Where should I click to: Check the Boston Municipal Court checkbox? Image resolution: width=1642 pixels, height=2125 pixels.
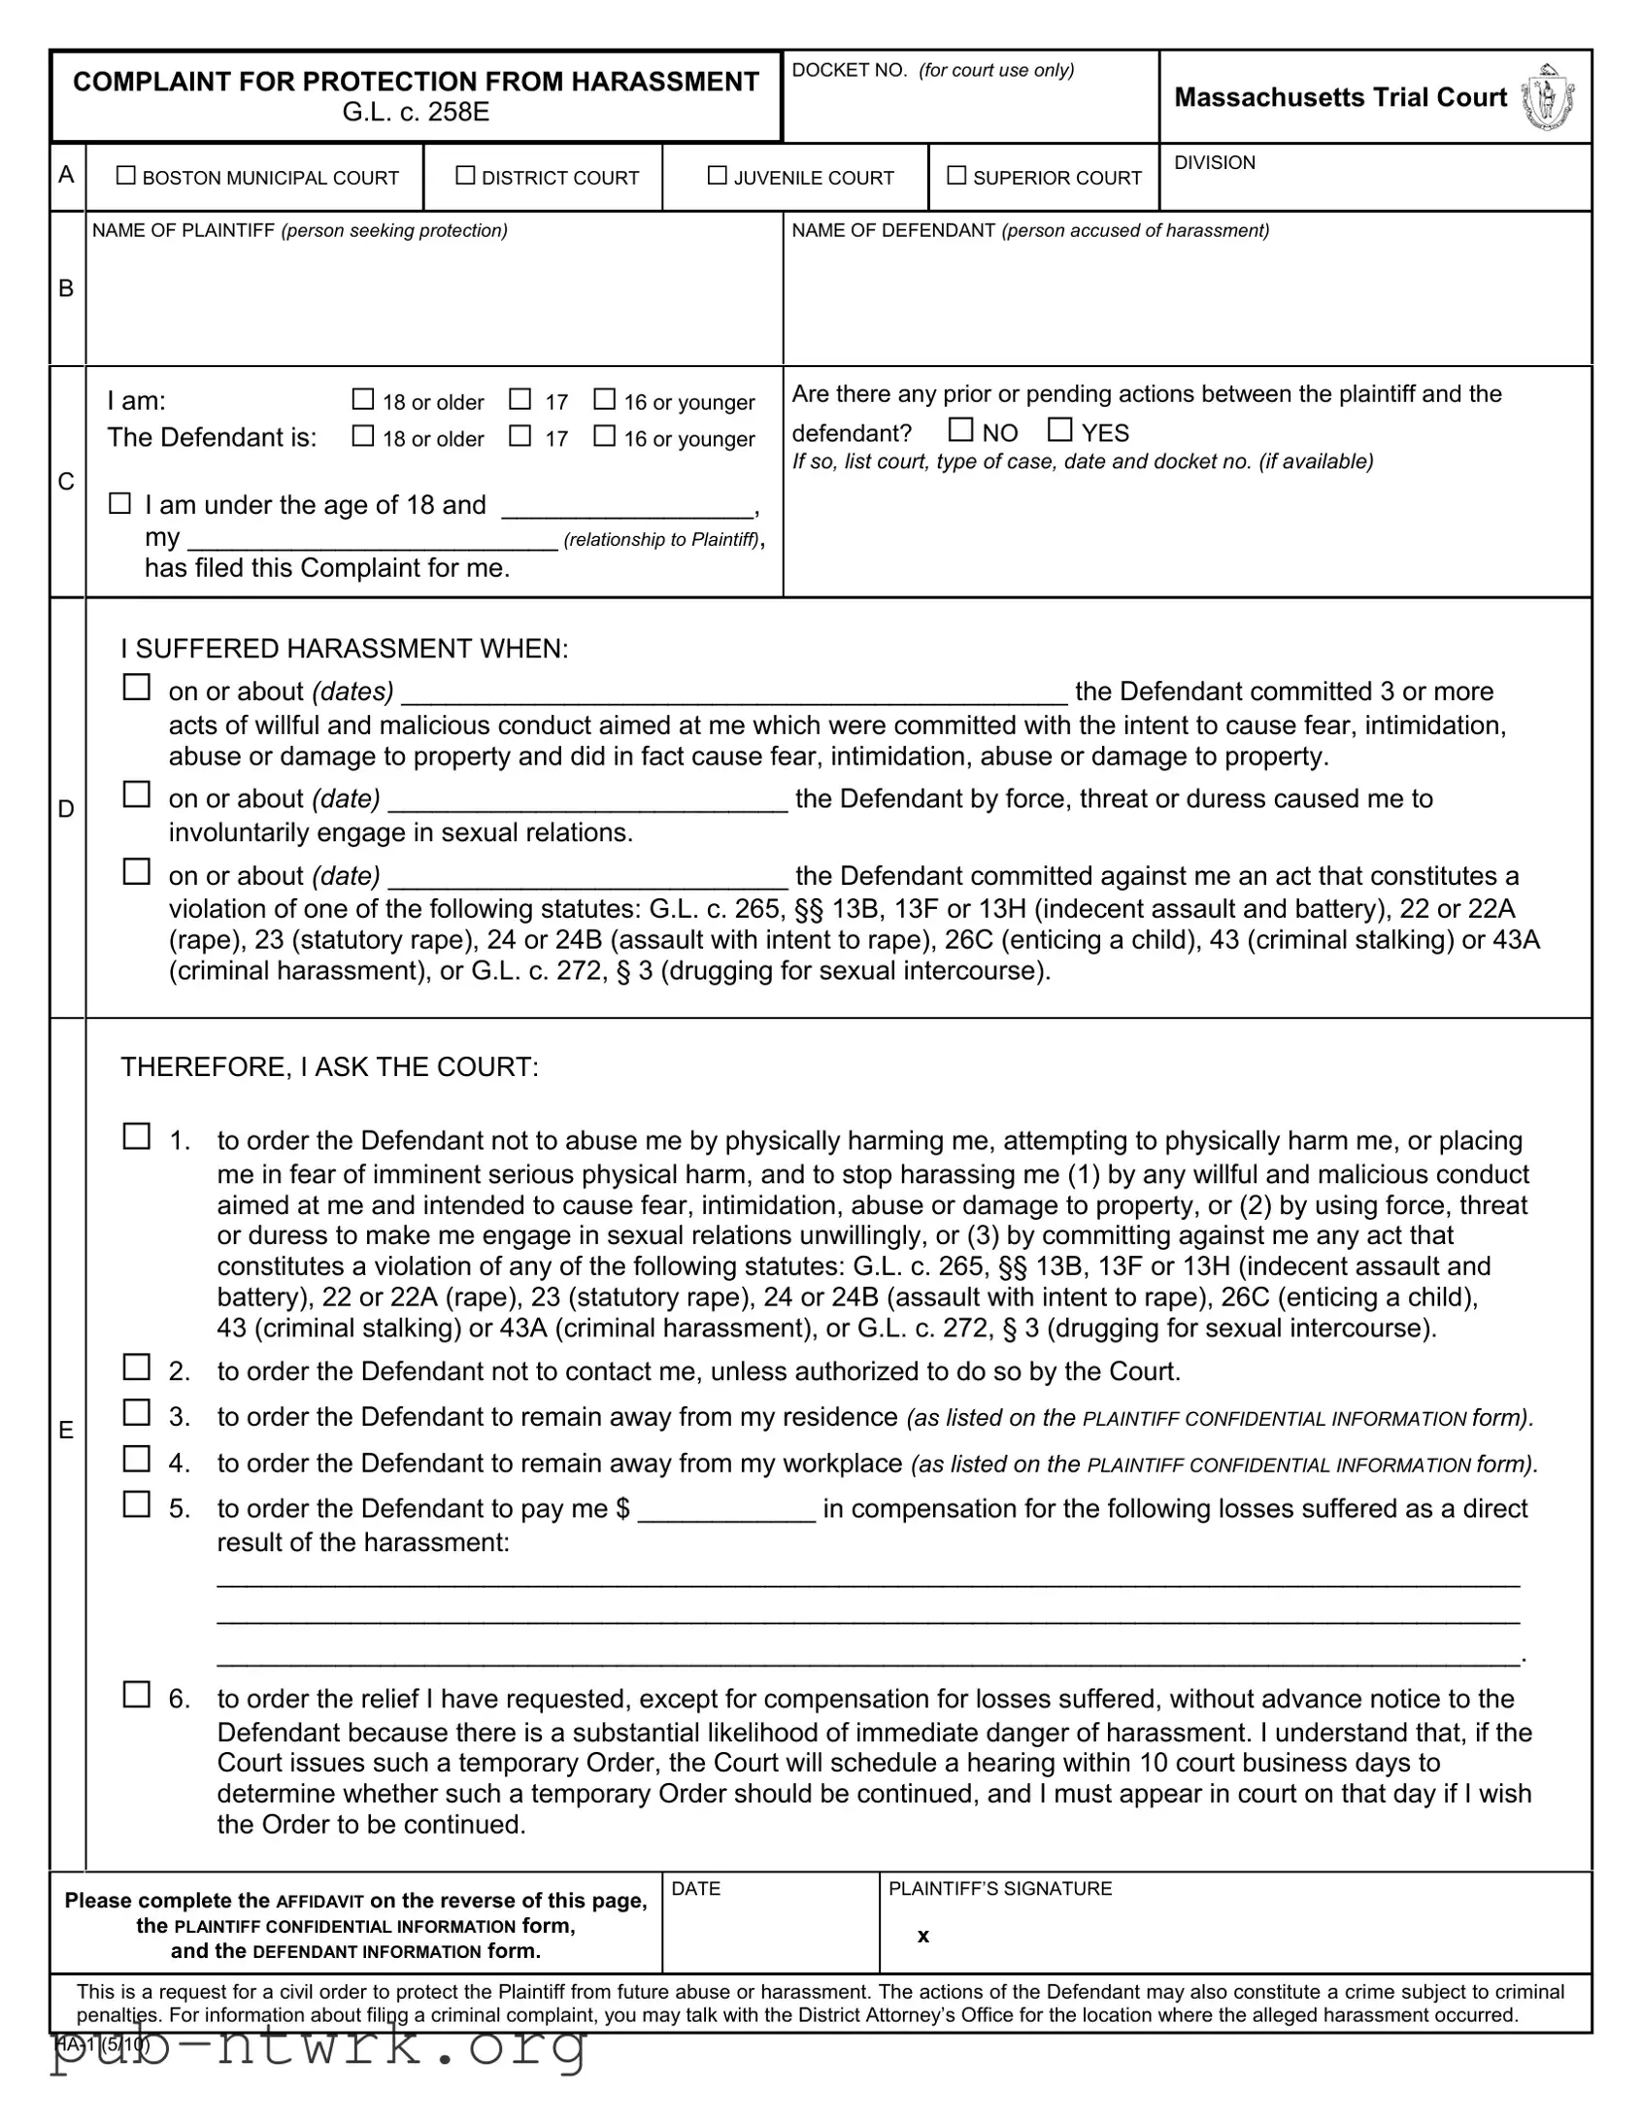tap(125, 176)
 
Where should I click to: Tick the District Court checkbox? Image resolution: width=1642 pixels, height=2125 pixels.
tap(466, 176)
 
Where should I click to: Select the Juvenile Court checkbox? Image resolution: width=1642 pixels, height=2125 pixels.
tap(717, 176)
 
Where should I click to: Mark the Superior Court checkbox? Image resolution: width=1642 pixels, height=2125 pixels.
tap(957, 176)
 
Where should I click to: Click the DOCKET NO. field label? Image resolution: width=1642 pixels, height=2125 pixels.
tap(850, 70)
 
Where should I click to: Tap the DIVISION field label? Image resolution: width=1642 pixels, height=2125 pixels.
tap(1214, 162)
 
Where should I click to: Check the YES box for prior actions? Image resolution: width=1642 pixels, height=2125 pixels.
tap(1060, 429)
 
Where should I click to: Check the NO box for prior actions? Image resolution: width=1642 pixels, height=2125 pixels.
tap(961, 429)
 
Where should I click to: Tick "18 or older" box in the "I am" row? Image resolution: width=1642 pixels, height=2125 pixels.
tap(363, 399)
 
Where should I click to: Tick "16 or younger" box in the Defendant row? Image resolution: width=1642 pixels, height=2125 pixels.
tap(605, 436)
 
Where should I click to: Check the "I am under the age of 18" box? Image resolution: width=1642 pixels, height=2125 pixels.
tap(119, 503)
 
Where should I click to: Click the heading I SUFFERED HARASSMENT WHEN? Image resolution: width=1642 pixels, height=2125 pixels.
tap(345, 648)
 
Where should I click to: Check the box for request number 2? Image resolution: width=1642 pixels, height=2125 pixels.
tap(136, 1367)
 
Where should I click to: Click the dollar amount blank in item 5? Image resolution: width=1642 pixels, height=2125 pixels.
tap(725, 1510)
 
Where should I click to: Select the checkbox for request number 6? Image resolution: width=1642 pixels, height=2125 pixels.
tap(136, 1695)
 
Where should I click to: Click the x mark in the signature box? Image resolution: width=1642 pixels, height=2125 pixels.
tap(923, 1936)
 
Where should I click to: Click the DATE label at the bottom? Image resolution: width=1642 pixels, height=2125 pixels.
tap(695, 1888)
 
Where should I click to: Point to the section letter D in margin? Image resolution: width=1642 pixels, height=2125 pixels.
tap(66, 809)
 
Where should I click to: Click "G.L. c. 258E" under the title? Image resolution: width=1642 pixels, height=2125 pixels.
tap(416, 112)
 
